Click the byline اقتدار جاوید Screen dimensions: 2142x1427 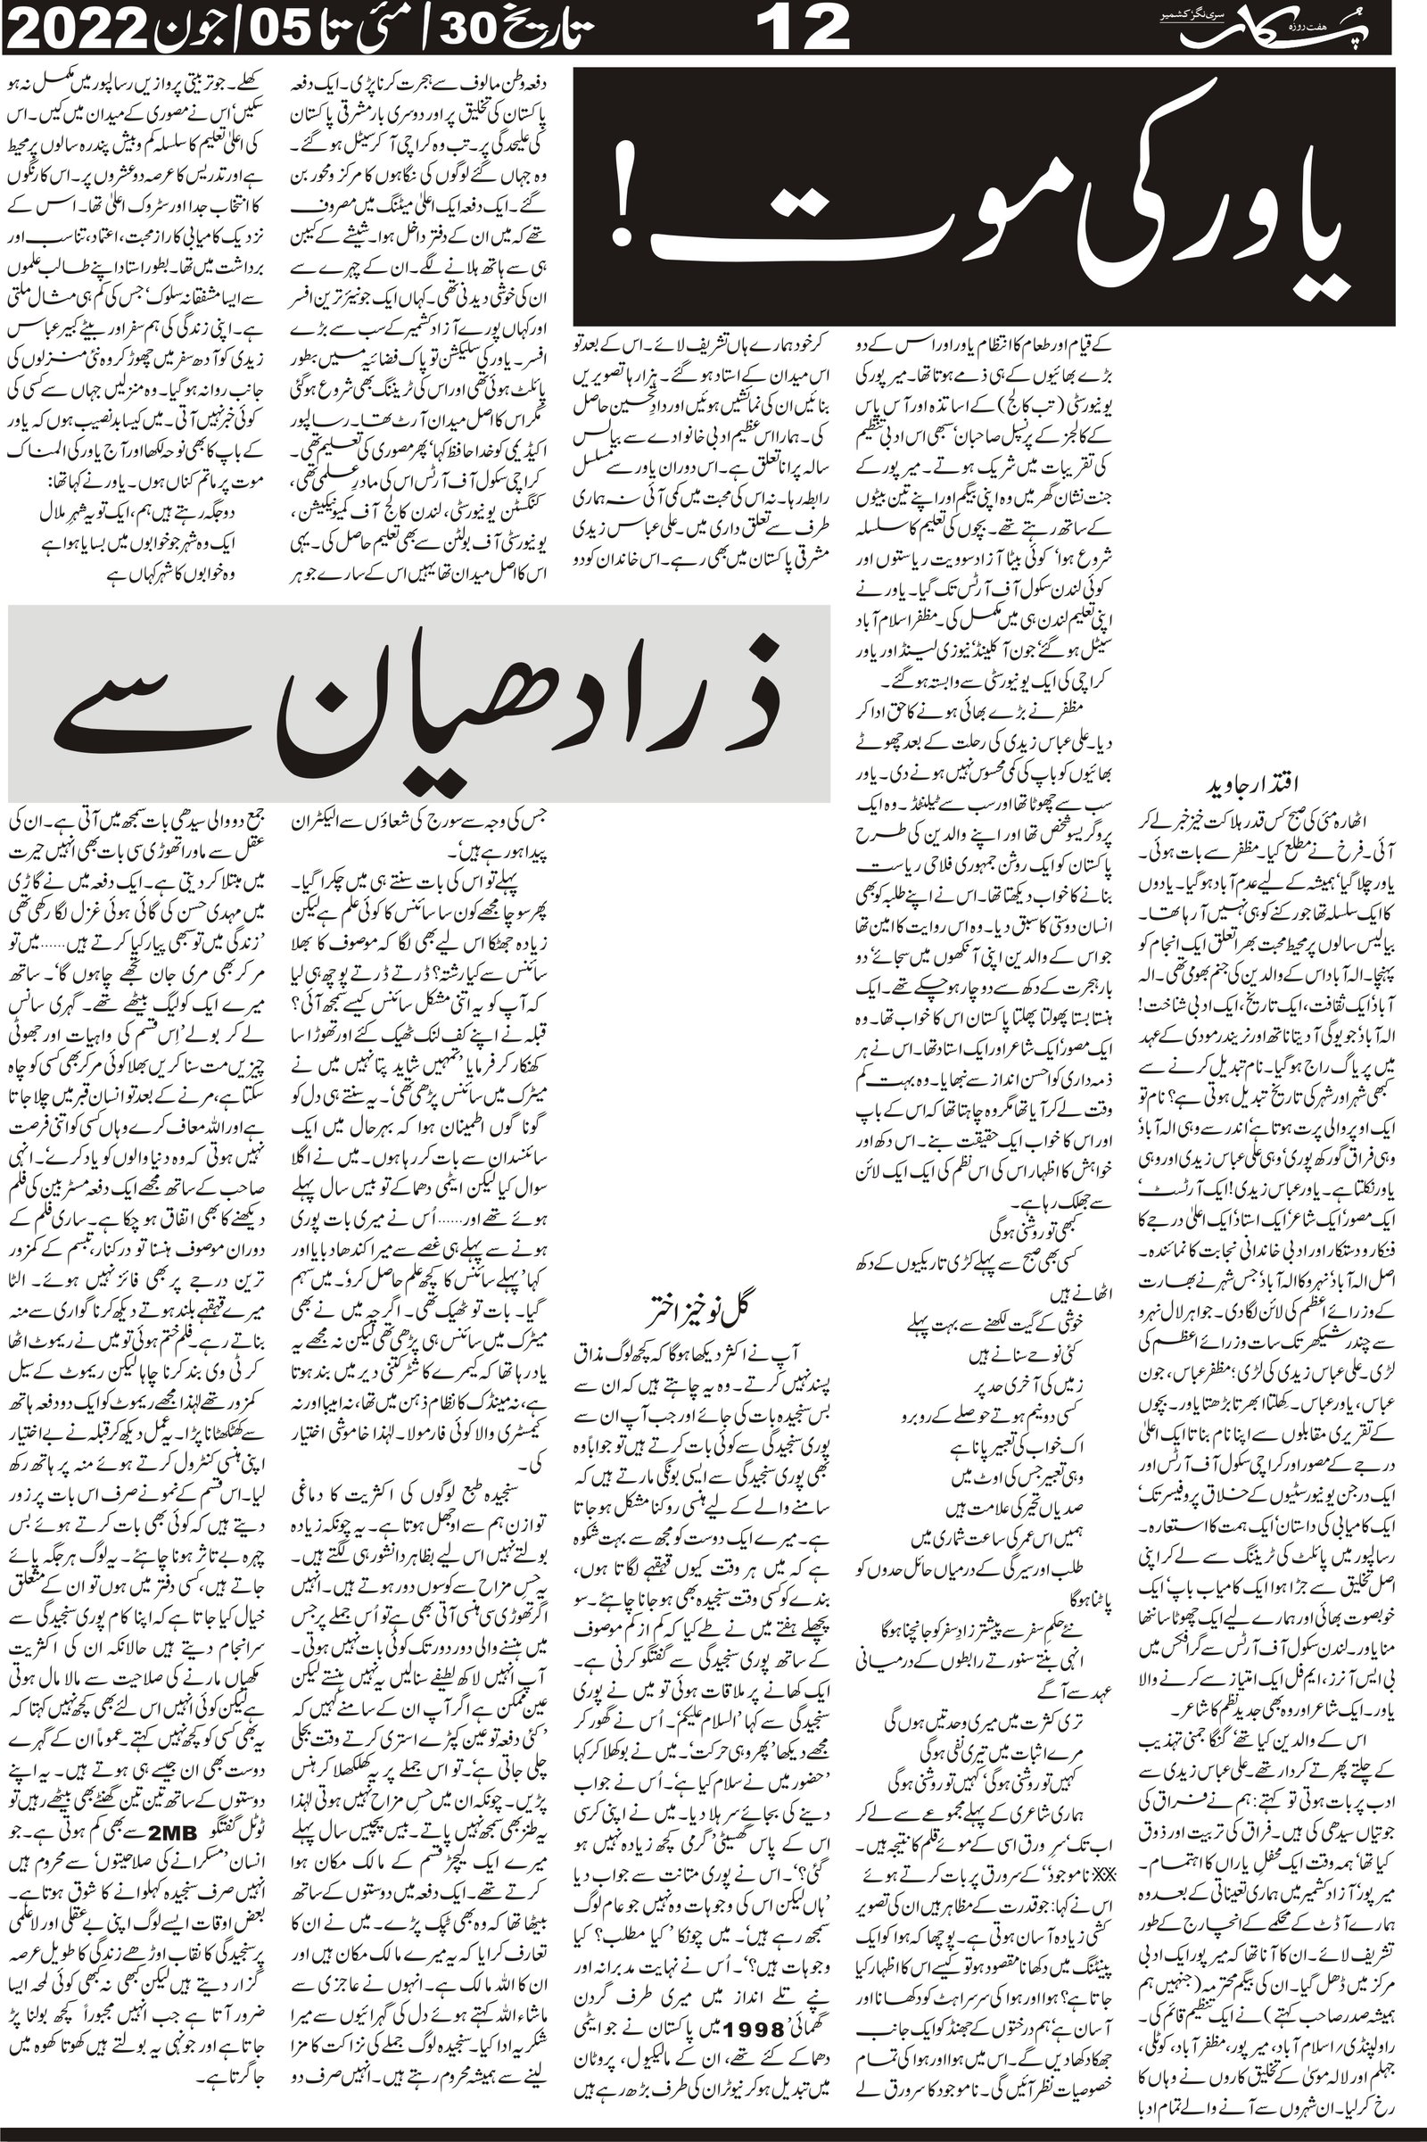[x=1267, y=785]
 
